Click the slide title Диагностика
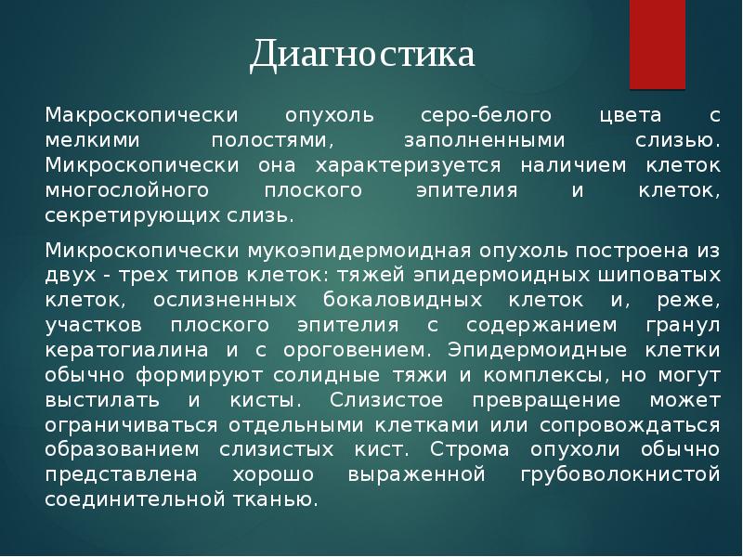tap(362, 55)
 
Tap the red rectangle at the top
tap(657, 42)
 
